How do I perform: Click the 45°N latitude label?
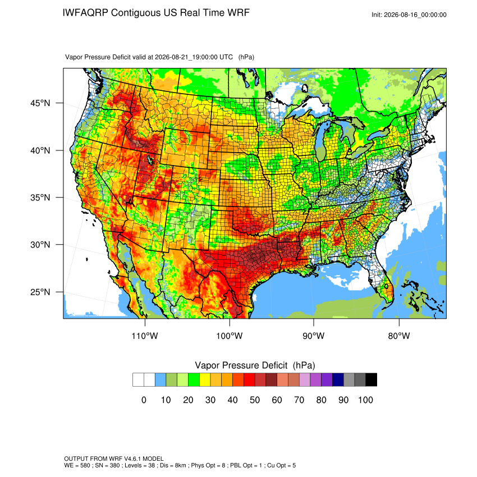[40, 103]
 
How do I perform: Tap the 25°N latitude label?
[40, 292]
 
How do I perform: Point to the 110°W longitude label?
[145, 336]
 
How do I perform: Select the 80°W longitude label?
[399, 336]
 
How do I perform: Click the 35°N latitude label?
[40, 198]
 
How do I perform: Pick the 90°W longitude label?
[313, 336]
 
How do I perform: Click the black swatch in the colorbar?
[371, 380]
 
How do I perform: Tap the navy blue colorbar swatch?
[338, 380]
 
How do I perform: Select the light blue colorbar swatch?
[160, 380]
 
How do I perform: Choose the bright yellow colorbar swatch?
[205, 380]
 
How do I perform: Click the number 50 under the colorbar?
[255, 400]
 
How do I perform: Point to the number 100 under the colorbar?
[365, 400]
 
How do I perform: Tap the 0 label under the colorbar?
[144, 400]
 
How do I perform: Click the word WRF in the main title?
[239, 13]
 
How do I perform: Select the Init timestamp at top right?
[409, 15]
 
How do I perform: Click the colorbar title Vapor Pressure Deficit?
[241, 365]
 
